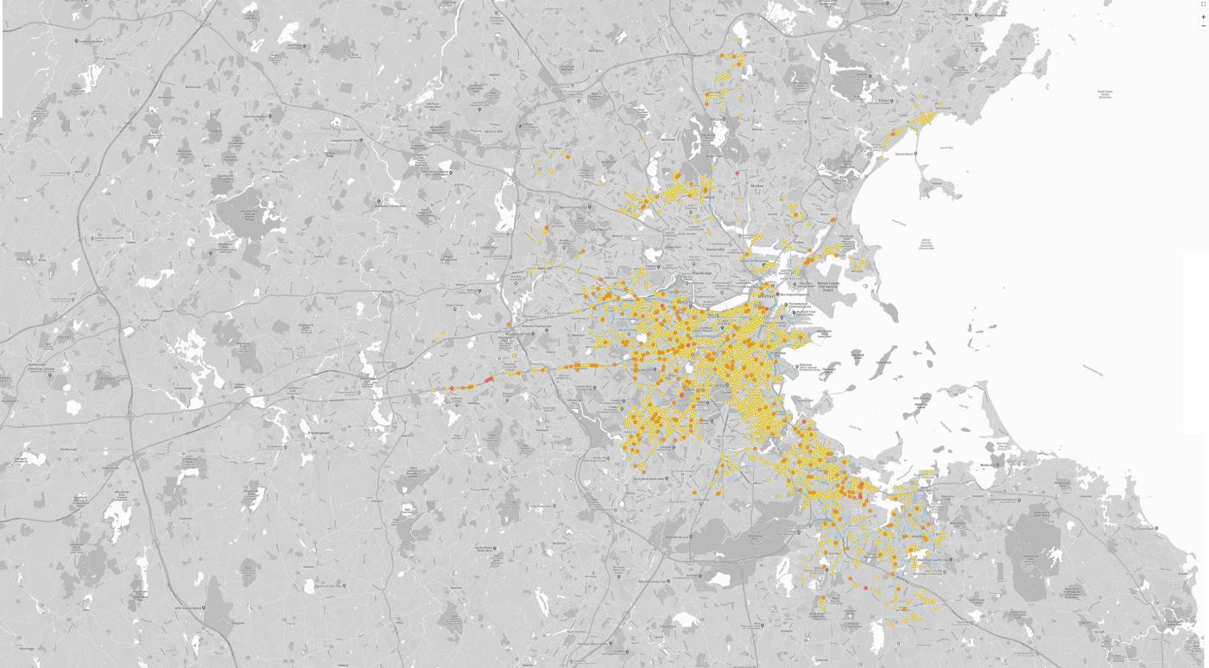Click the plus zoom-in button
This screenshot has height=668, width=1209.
pos(1204,17)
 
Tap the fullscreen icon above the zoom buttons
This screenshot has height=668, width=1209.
pos(1204,4)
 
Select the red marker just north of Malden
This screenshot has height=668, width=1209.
pos(737,173)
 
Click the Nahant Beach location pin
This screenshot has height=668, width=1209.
pos(916,154)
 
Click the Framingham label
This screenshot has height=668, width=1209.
pos(318,432)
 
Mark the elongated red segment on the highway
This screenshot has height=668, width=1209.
pos(488,379)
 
